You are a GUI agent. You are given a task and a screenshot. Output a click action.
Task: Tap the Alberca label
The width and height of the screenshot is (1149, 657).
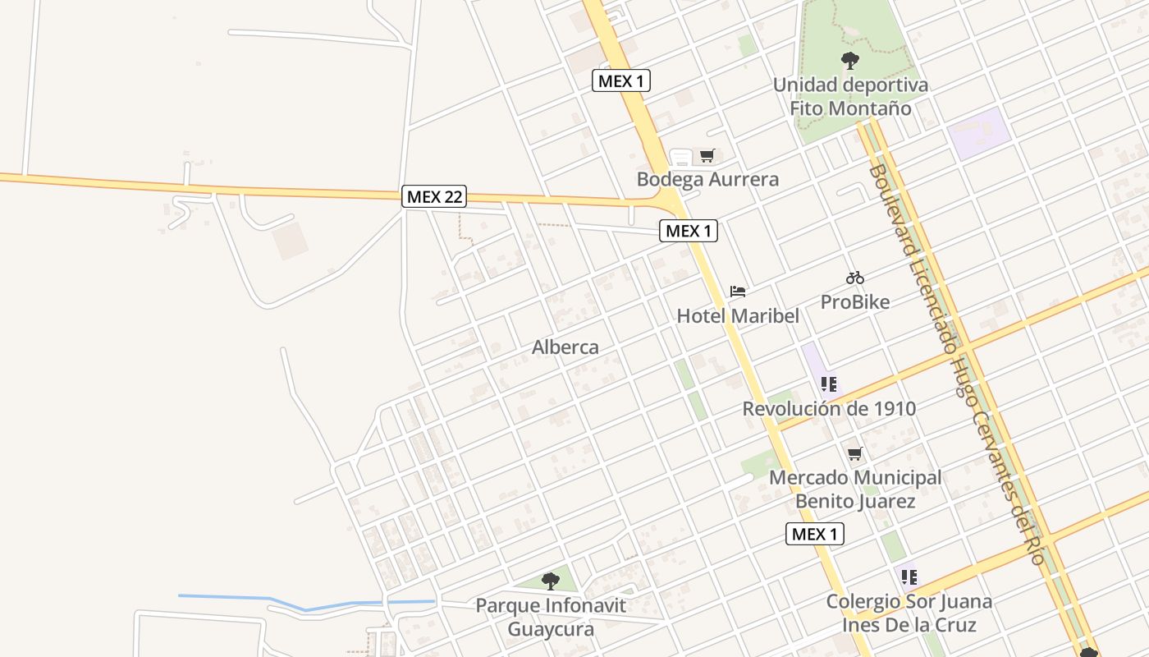coord(565,347)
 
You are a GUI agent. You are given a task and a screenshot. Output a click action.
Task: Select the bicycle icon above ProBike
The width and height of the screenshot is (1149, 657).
coord(854,278)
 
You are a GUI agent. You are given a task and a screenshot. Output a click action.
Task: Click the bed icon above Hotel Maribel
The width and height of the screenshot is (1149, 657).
coord(738,292)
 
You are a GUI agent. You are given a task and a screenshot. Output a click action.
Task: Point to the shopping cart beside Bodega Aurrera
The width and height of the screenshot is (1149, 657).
coord(707,155)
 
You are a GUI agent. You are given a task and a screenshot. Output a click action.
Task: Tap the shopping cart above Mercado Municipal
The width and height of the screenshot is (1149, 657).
coord(854,453)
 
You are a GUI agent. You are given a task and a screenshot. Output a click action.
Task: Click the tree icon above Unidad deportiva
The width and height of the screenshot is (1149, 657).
coord(850,60)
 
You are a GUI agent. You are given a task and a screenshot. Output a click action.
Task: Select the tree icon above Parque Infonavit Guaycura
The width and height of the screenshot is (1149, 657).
coord(550,581)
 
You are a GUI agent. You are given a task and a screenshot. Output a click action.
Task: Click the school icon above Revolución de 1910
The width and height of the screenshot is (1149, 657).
coord(829,384)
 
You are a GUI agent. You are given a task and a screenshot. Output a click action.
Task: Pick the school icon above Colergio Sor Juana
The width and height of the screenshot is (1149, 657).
coord(909,577)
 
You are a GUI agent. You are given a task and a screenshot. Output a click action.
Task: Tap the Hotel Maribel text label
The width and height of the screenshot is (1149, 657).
coord(738,316)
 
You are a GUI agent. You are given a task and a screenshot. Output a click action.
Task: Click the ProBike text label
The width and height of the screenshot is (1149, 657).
coord(855,302)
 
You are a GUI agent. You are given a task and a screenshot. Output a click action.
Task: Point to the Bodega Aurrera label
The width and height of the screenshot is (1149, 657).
coord(707,179)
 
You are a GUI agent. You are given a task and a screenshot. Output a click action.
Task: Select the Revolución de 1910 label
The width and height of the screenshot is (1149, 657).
coord(829,408)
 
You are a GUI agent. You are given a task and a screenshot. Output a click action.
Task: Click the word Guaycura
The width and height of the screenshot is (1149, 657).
coord(551,630)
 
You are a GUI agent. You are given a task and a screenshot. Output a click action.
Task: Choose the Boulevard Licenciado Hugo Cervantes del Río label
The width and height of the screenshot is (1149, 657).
coord(956,361)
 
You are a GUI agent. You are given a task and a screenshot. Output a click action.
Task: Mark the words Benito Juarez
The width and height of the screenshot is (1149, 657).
coord(854,501)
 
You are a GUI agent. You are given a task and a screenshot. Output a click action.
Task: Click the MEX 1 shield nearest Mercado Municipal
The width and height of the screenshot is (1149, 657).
coord(815,534)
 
